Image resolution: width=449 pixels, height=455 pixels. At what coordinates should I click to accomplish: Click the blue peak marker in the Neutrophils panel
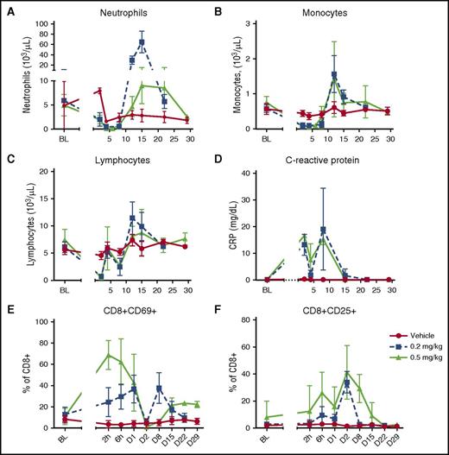(142, 41)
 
